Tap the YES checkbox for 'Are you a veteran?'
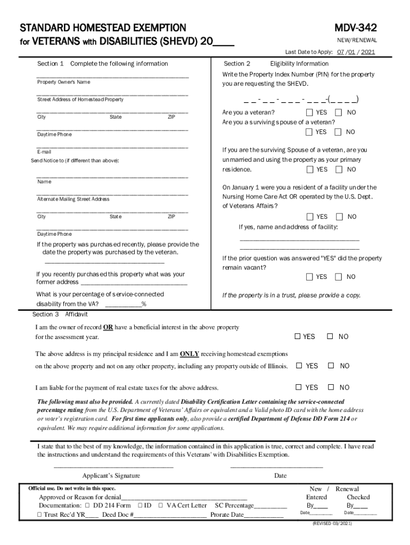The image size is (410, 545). point(310,113)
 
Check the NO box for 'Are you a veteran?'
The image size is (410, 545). point(339,113)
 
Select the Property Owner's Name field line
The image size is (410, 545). point(112,77)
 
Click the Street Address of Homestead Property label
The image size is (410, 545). point(80,100)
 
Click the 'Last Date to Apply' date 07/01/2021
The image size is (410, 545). point(355,52)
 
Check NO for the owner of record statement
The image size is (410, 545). point(330,336)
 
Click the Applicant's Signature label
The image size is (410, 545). point(111,476)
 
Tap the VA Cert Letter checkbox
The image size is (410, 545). point(161,506)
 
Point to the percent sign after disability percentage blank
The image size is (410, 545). point(144,305)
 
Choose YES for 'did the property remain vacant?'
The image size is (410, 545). point(310,277)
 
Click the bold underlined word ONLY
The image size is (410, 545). point(190,353)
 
